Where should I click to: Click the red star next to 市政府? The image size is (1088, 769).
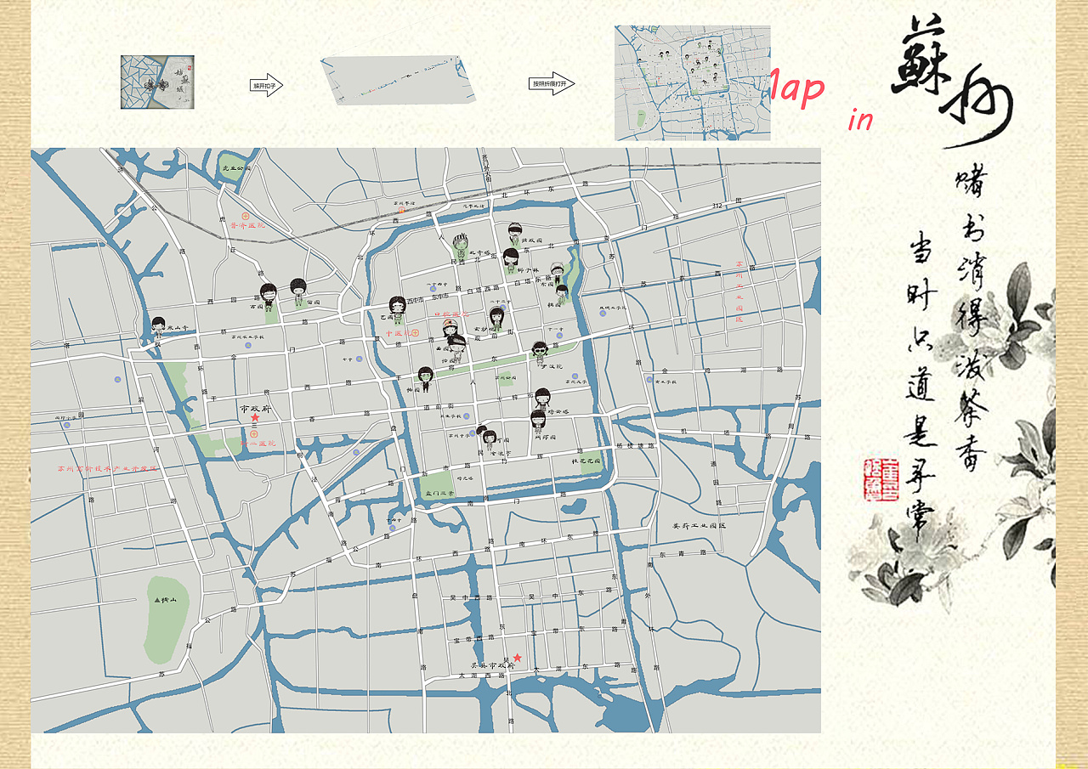(x=255, y=417)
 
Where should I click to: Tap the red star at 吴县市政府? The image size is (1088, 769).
(x=517, y=658)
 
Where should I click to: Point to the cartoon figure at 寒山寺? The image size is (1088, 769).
(x=158, y=325)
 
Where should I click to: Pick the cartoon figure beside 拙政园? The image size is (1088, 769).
(x=515, y=235)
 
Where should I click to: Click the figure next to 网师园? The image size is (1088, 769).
(x=537, y=421)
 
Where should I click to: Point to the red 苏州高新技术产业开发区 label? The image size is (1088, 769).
(x=107, y=468)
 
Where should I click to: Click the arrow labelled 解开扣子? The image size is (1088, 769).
(x=266, y=85)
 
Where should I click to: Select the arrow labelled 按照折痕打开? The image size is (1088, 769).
(x=552, y=83)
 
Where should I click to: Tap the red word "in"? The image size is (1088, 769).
(x=860, y=120)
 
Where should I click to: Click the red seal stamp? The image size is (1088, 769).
(x=881, y=480)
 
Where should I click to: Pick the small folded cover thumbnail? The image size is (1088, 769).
(x=157, y=82)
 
